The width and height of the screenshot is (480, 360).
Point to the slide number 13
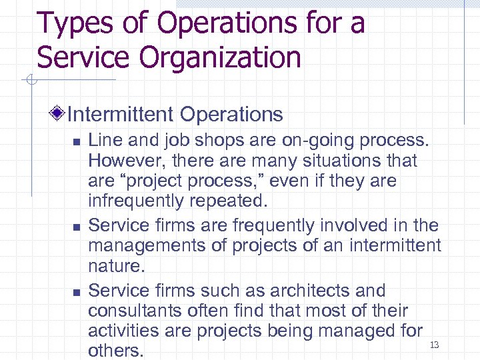click(x=435, y=345)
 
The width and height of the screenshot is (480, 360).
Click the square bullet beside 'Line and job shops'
click(x=76, y=142)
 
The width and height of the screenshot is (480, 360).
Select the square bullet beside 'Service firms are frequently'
click(x=76, y=227)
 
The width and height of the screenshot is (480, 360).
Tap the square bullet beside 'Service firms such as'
click(x=76, y=292)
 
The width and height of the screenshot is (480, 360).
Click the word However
click(x=123, y=161)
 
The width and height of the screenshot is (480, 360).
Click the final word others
click(x=115, y=350)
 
